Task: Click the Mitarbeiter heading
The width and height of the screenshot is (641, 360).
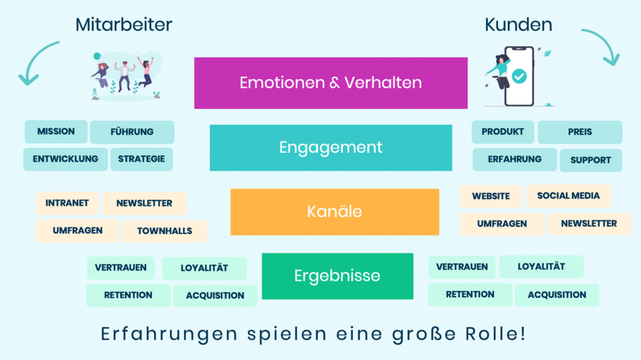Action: pos(124,24)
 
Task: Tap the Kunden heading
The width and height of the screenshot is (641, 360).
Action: pos(518,24)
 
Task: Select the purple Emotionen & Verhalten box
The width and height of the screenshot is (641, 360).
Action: pos(331,83)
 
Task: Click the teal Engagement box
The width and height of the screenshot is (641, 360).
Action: pos(331,148)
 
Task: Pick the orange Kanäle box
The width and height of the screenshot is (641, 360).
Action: pos(334,212)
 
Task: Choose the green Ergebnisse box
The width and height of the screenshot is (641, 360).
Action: pos(337,276)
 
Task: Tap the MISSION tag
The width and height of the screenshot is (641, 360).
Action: pos(56,131)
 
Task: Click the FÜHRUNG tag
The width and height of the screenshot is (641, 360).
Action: pos(132,132)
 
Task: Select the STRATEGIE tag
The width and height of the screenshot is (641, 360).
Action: pos(141,159)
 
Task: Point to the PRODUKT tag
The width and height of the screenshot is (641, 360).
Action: pos(503,132)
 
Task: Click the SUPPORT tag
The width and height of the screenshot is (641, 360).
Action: pos(590,160)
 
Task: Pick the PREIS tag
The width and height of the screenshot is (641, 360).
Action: pos(580,132)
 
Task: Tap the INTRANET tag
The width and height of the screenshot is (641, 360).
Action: pos(67,203)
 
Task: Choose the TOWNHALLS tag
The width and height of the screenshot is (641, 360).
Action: pos(165,231)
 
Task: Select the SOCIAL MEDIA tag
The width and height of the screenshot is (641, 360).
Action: pos(568,196)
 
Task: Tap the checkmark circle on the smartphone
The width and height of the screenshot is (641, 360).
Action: pos(519,76)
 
